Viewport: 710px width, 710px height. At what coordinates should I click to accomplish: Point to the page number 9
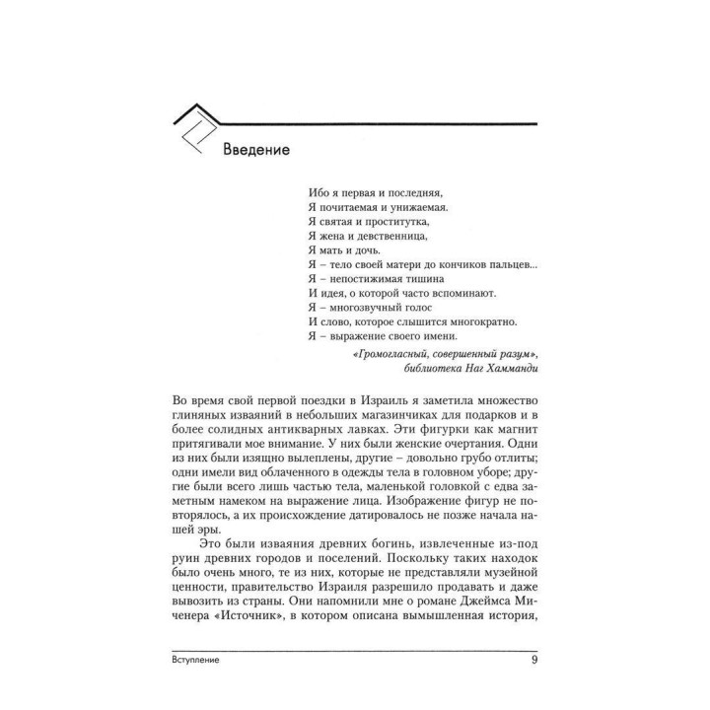pos(533,661)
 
